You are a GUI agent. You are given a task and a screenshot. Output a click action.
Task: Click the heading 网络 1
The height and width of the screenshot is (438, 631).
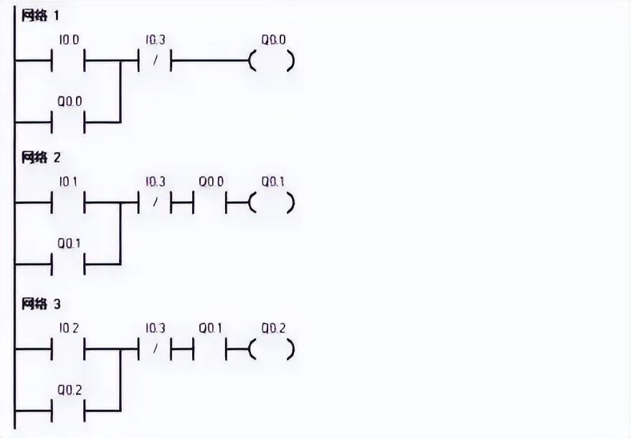point(41,16)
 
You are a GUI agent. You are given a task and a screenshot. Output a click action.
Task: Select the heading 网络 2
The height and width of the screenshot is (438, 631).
point(41,158)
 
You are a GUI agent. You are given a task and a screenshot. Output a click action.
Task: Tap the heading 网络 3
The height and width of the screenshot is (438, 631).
point(41,304)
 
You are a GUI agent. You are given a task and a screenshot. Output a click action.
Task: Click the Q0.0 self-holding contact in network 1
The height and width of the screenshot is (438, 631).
point(69,121)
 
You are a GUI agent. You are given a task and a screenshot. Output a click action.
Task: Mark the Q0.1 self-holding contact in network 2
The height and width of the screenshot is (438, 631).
point(69,264)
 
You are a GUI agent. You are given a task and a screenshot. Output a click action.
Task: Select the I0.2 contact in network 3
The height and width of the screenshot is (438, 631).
point(69,350)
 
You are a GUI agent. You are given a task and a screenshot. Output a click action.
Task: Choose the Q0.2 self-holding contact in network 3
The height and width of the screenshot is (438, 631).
point(69,411)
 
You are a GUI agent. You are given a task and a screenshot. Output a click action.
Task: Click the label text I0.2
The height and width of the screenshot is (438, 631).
point(69,329)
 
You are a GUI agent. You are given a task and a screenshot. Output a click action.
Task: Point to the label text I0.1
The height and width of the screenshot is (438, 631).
point(69,182)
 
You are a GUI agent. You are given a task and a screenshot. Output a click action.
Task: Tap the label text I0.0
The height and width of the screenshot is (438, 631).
point(69,40)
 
